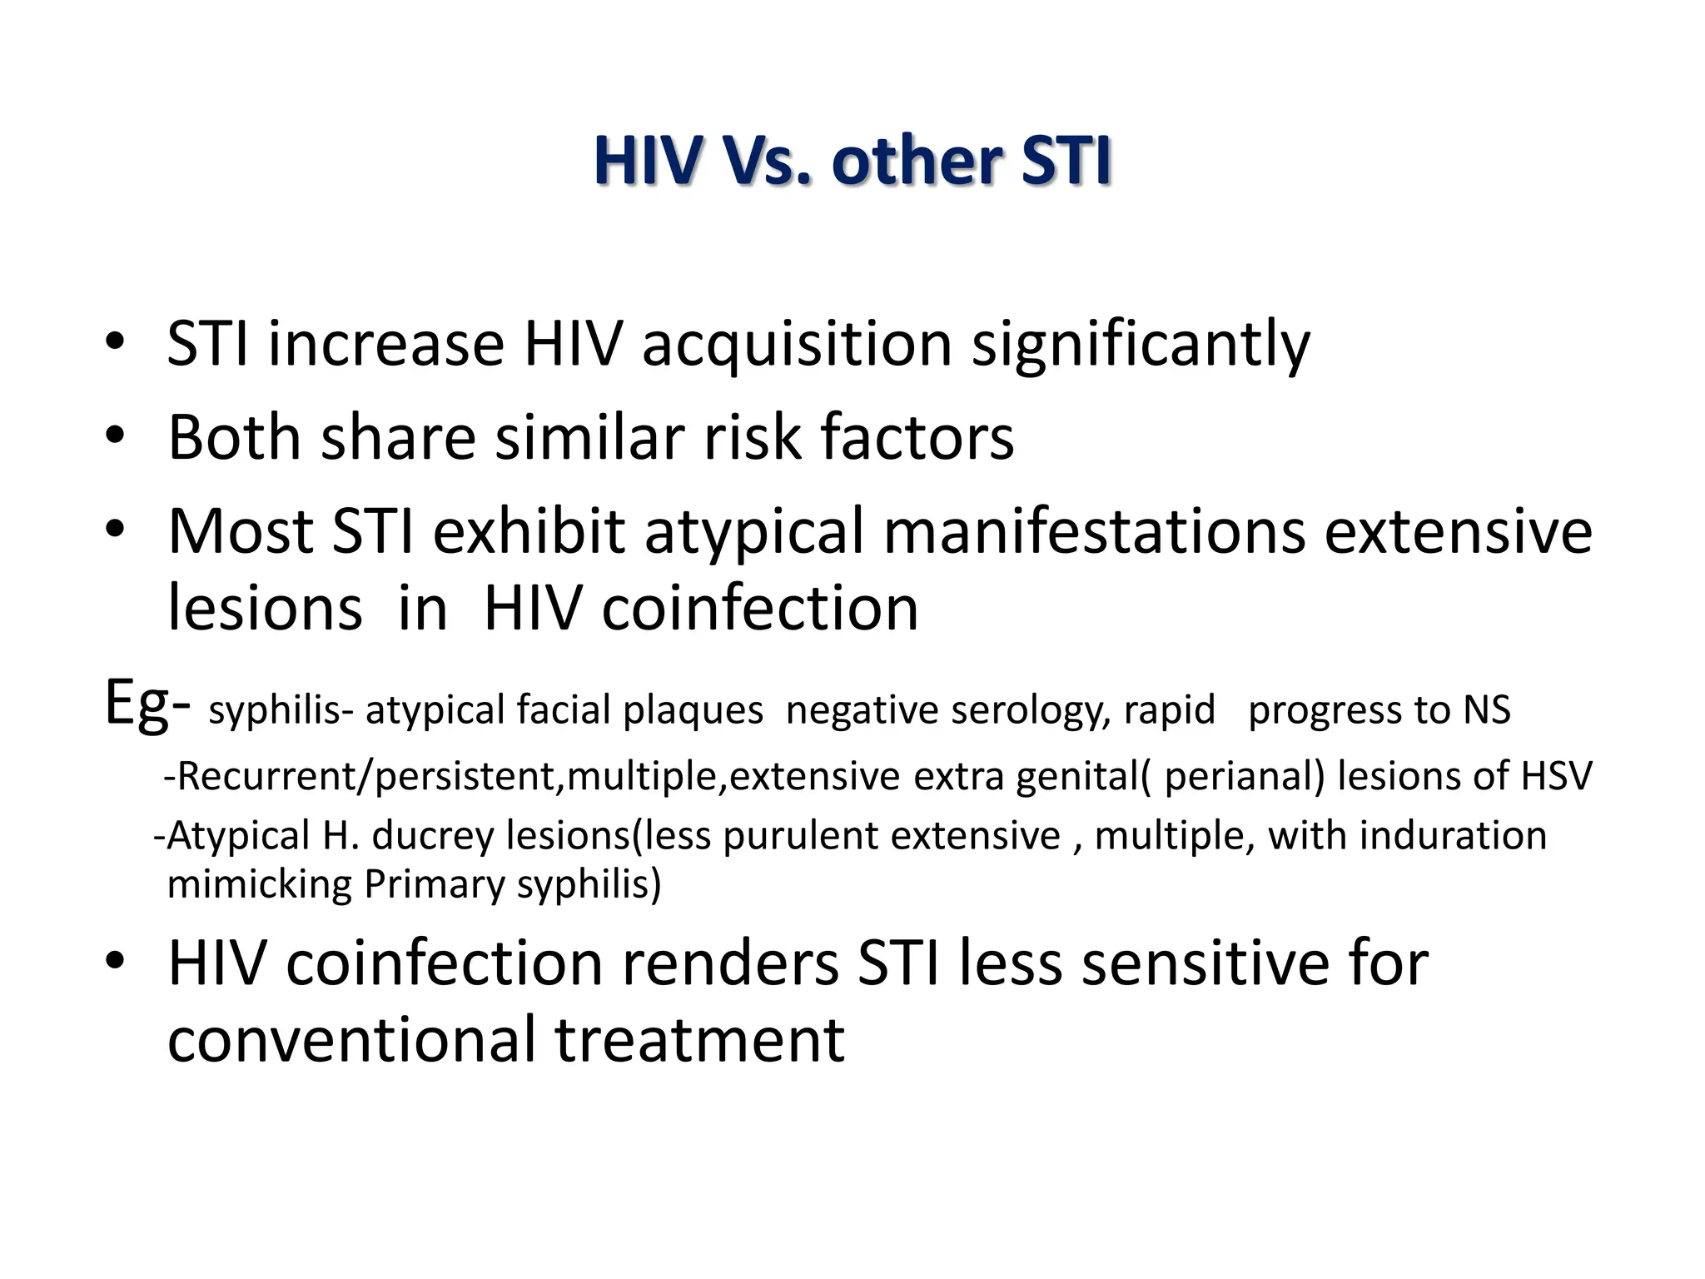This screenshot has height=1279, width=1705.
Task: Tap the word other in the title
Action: pos(916,161)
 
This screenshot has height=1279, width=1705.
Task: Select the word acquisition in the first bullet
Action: pos(797,344)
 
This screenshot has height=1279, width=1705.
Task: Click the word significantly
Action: pos(1141,344)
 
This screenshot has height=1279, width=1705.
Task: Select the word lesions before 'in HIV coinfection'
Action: pos(265,608)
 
